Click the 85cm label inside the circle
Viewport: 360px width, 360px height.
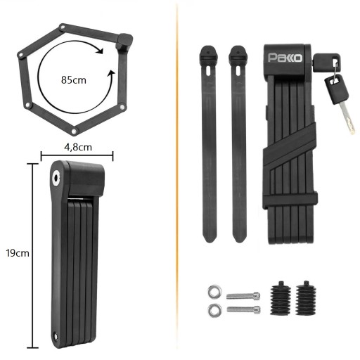click(x=74, y=80)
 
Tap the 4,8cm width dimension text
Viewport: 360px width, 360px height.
click(x=78, y=147)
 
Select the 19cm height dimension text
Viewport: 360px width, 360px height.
click(x=18, y=253)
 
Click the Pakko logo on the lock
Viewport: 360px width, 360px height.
click(x=285, y=58)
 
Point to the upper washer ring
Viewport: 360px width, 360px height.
click(x=214, y=292)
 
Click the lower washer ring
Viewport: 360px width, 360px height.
click(x=214, y=310)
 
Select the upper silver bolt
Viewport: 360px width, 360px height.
click(x=243, y=296)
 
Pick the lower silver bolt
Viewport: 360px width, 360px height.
click(x=243, y=309)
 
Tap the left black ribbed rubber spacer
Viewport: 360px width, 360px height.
click(x=281, y=297)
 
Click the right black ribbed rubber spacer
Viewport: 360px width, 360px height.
click(x=306, y=297)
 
